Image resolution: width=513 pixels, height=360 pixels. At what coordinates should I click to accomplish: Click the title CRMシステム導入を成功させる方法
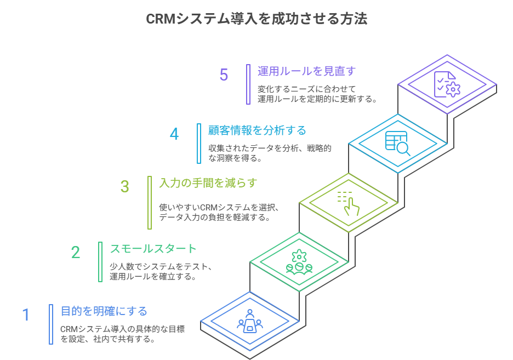(x=256, y=19)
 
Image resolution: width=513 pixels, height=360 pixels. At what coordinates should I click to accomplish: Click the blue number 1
(x=26, y=315)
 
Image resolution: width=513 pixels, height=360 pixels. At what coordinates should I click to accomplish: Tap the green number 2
(x=76, y=252)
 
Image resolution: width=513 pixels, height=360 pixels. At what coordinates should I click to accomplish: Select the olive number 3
(x=125, y=187)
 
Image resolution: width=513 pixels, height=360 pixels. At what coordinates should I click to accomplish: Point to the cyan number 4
(x=174, y=134)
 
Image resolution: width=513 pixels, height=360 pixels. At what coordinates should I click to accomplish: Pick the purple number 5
(x=224, y=75)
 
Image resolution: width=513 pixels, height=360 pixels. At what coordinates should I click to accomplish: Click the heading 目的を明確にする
(x=104, y=311)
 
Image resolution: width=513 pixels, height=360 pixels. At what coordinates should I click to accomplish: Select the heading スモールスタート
(x=153, y=249)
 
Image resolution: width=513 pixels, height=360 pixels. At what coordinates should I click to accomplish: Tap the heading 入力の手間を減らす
(x=208, y=183)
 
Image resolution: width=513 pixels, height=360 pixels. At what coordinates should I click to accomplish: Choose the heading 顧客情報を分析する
(x=257, y=130)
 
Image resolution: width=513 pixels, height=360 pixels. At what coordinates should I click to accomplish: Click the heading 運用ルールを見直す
(x=306, y=71)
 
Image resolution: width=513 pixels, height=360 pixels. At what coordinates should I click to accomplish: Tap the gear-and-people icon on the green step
(x=299, y=261)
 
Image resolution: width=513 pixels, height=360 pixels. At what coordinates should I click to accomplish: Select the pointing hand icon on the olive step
(x=349, y=203)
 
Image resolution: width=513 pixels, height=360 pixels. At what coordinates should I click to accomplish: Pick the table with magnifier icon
(x=398, y=144)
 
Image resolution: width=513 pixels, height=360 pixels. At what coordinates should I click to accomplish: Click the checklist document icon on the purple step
(x=447, y=84)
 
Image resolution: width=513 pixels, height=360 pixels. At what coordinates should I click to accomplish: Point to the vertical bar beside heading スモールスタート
(x=100, y=262)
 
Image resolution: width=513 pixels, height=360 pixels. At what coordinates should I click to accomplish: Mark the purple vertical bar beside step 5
(x=248, y=84)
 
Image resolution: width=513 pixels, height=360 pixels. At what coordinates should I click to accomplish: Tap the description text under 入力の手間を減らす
(x=220, y=213)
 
